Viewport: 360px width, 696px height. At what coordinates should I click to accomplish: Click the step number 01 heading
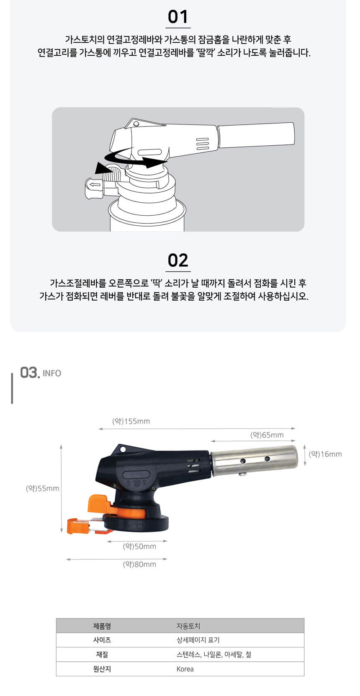[178, 17]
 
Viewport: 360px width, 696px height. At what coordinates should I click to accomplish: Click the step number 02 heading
[178, 260]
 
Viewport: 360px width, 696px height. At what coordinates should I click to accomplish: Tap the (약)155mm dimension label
[131, 421]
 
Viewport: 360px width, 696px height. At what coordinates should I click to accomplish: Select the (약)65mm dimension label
[267, 435]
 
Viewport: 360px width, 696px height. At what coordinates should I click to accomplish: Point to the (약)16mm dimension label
[325, 454]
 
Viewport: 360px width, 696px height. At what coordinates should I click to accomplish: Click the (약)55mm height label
[42, 488]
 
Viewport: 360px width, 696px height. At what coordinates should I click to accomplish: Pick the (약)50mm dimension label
[139, 546]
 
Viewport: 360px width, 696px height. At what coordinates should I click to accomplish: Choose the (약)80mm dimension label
[139, 564]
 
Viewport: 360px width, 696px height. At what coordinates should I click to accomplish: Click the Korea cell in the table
[185, 669]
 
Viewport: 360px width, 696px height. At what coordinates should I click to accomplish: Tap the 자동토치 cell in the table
[188, 626]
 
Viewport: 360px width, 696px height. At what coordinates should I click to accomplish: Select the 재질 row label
[102, 655]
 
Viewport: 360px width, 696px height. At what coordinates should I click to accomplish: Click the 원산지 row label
[102, 669]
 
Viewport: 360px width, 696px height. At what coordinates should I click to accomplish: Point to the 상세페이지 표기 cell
[198, 640]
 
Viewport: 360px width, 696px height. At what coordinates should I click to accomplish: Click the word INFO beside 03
[52, 373]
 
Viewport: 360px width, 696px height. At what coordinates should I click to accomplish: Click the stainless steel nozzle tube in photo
[254, 460]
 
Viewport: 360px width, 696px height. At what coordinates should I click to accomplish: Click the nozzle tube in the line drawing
[256, 135]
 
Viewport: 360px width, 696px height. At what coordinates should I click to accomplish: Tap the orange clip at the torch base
[79, 526]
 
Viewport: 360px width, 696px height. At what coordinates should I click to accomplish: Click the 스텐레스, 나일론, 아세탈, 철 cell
[214, 655]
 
